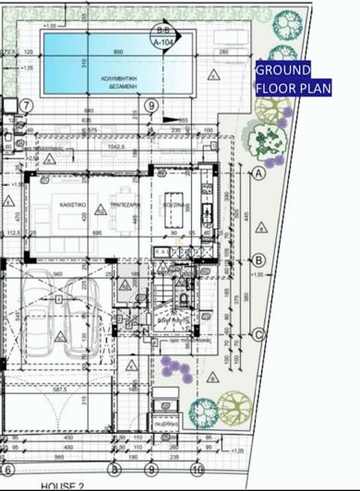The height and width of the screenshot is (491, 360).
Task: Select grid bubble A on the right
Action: coord(258,173)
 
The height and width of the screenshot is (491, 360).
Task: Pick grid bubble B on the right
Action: coord(258,261)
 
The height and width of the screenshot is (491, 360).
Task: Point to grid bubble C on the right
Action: coord(258,334)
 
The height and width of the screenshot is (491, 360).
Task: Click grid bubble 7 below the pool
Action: coord(26,105)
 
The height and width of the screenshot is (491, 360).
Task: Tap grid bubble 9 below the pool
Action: coord(150,105)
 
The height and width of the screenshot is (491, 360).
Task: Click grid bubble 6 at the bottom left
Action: coord(8,469)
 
